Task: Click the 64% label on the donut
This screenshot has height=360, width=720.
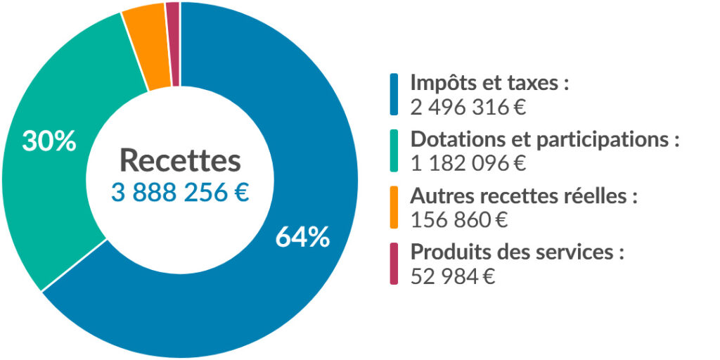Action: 302,238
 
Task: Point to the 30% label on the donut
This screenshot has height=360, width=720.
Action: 49,141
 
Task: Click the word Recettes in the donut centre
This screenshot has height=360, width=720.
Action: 180,161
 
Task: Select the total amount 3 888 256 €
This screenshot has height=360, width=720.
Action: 180,193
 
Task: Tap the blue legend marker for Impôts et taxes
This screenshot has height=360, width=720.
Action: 394,94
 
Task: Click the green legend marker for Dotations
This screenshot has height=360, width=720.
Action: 394,150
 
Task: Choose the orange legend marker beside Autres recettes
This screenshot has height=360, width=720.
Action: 394,206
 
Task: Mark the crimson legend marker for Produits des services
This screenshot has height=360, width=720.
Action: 394,263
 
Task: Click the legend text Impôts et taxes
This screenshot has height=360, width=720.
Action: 489,83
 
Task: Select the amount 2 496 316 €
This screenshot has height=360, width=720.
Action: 468,108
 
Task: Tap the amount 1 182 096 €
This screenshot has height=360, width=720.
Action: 468,163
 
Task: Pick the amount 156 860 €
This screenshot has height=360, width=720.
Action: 458,220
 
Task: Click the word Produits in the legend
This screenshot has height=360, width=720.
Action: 446,252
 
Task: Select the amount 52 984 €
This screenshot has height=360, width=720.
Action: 453,276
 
